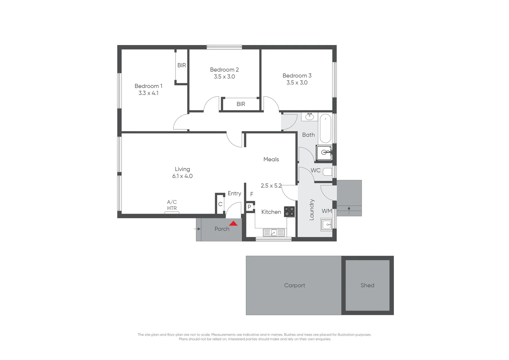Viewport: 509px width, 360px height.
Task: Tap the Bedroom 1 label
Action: (x=148, y=86)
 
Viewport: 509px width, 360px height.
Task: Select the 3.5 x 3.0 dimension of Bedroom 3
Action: (x=297, y=83)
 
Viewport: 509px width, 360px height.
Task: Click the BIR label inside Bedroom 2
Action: (x=241, y=104)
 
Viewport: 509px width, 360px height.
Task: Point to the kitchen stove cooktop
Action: (x=289, y=212)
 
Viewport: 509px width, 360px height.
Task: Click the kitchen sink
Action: (x=273, y=233)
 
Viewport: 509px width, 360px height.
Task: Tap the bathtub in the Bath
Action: (x=325, y=128)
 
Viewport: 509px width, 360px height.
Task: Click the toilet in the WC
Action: (x=328, y=172)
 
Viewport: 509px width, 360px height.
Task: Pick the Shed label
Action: (x=367, y=285)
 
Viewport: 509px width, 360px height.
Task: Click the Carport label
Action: (x=294, y=285)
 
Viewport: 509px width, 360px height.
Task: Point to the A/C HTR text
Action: (x=172, y=205)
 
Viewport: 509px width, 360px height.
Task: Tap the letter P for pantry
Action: (x=249, y=207)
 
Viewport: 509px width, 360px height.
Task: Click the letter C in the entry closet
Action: (x=220, y=204)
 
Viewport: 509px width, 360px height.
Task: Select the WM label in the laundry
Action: (x=326, y=211)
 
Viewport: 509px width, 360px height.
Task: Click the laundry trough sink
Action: (x=327, y=224)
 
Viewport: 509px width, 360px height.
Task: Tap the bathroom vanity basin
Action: (x=310, y=116)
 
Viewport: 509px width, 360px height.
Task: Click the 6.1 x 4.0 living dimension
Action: (x=182, y=176)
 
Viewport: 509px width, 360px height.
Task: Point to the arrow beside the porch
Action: (x=198, y=229)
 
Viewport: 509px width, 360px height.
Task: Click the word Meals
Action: (x=271, y=159)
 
